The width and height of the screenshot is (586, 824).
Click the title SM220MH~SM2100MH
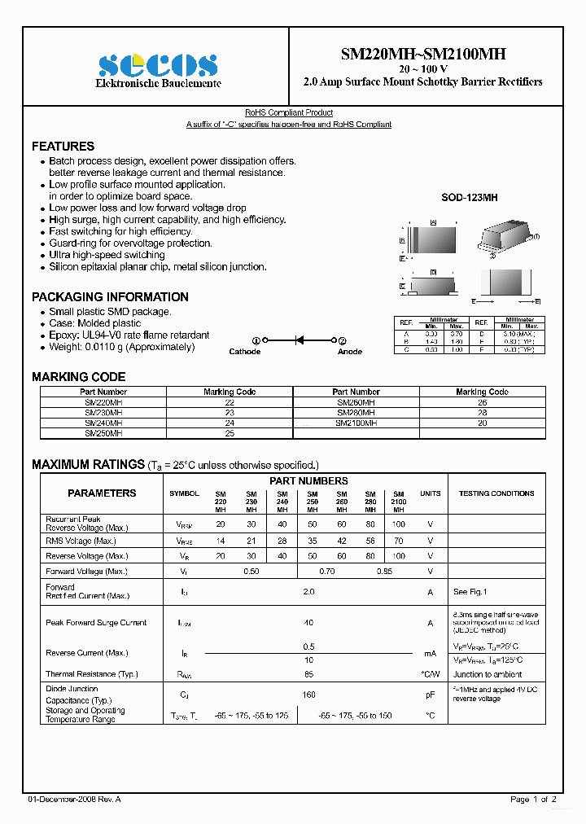coord(422,54)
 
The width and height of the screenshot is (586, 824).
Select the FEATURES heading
coord(63,147)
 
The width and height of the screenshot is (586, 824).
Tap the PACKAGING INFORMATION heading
coord(110,297)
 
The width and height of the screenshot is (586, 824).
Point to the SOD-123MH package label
coord(469,198)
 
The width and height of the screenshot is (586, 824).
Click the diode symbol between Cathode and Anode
coord(299,340)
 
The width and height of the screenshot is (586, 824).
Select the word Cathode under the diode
coord(244,352)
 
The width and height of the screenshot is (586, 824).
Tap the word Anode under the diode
coord(350,352)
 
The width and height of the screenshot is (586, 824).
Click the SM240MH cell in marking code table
coord(103,423)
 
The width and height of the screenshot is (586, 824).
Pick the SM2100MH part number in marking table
coord(356,423)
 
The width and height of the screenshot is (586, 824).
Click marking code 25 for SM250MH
coord(230,434)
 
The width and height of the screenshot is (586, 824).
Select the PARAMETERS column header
coord(102,493)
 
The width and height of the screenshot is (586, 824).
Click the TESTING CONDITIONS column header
coord(496,493)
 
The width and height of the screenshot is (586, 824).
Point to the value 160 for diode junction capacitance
coord(308,695)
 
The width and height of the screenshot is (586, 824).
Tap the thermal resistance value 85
coord(308,674)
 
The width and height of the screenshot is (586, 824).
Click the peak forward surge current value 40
coord(308,623)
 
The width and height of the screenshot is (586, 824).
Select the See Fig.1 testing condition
coord(470,592)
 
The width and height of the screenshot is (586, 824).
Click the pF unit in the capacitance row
coord(430,695)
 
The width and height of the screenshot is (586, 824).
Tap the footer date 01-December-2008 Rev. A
coord(74,800)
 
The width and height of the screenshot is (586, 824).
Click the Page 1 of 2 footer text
coord(533,800)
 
